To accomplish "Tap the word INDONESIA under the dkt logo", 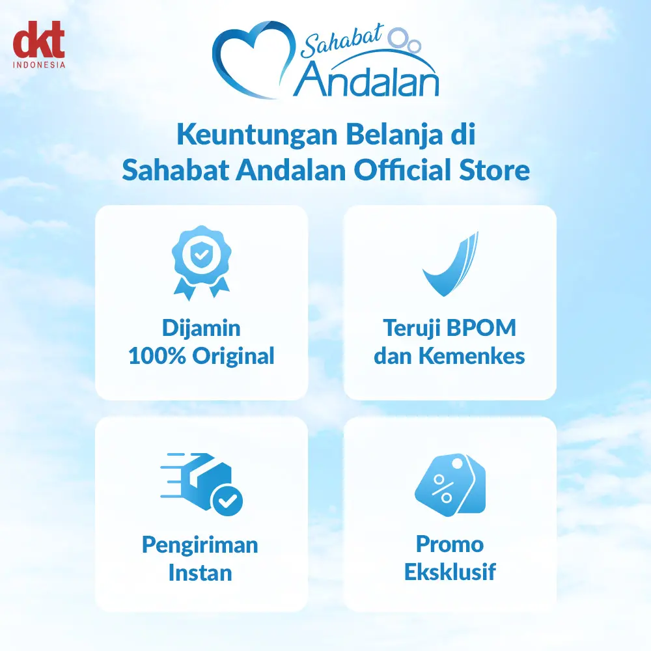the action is (x=39, y=64).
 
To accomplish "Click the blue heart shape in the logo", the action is (x=254, y=59).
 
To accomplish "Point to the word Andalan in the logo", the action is (x=366, y=79).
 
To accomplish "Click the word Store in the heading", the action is (x=494, y=171).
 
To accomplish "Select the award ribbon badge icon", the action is (x=201, y=262).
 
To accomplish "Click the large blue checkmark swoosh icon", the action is (x=450, y=264).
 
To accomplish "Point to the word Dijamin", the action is (x=201, y=329).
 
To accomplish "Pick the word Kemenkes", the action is (x=471, y=356).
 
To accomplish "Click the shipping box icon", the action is (x=201, y=484).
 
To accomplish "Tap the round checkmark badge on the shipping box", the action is (x=227, y=500).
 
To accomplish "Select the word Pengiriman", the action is (x=200, y=546).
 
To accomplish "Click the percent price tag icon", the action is (x=450, y=484).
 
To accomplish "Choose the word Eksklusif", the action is (x=450, y=572).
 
